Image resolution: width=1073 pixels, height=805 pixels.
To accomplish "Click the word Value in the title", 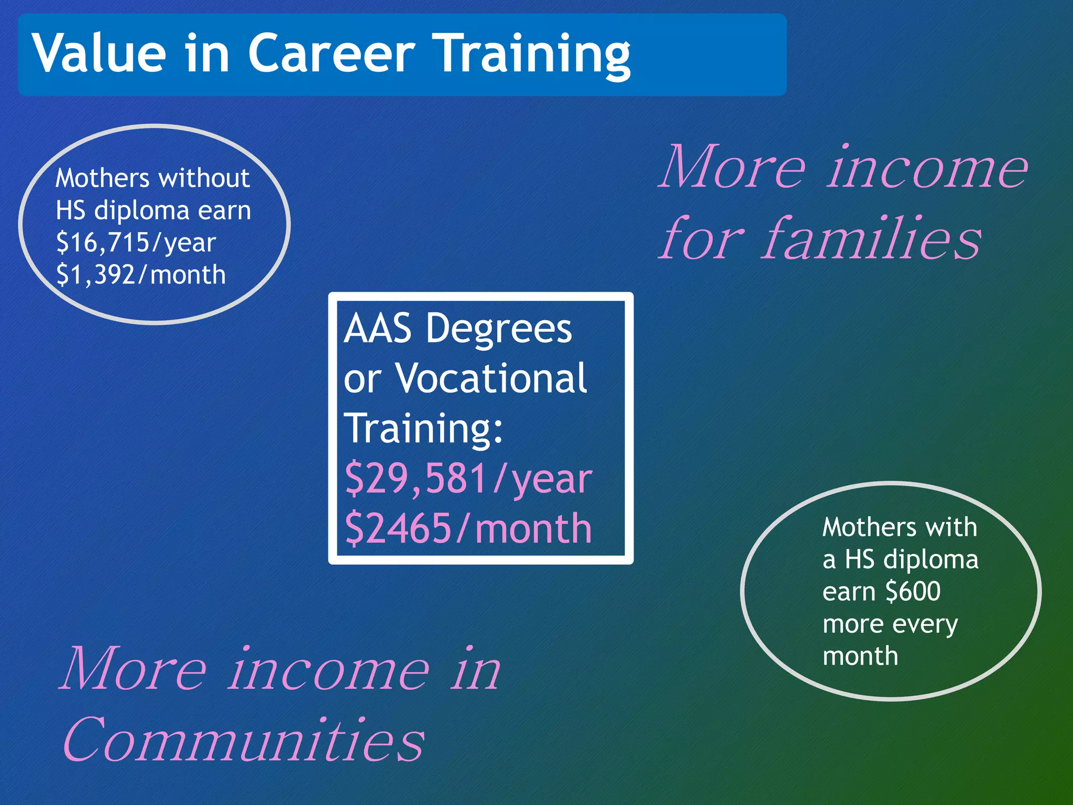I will (100, 53).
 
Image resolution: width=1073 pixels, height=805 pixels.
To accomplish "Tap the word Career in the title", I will (331, 53).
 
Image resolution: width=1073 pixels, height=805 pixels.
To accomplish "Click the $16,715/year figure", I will (136, 243).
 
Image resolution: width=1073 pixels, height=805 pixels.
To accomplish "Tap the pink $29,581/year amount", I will (468, 478).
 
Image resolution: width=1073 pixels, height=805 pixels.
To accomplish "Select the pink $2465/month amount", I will (468, 528).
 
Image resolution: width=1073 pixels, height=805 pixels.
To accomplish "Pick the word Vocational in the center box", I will (491, 378).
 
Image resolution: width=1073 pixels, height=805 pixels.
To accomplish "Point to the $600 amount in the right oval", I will (913, 592).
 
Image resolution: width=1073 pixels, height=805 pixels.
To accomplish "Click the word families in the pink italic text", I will (871, 238).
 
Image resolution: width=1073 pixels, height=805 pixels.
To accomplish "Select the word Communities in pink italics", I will (243, 739).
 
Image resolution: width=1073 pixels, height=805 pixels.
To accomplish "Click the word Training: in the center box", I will (423, 429).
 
